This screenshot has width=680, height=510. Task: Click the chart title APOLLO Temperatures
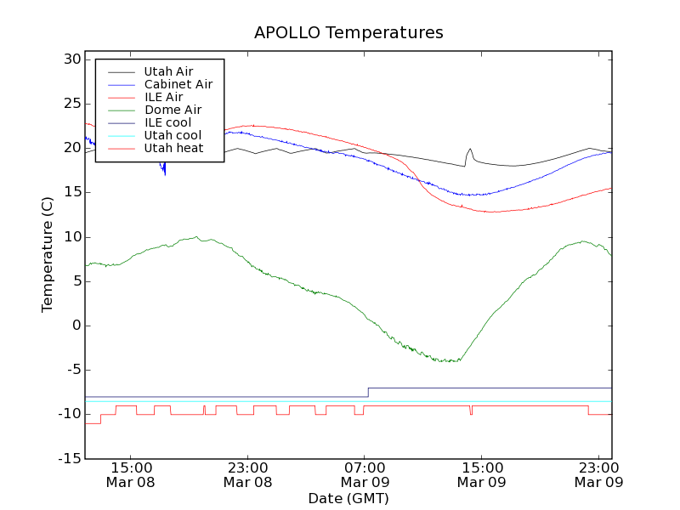click(x=348, y=33)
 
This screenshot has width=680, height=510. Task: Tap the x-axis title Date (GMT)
click(x=348, y=498)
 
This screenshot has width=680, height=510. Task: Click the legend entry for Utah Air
click(x=168, y=71)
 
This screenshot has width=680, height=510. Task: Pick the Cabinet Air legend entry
click(x=178, y=84)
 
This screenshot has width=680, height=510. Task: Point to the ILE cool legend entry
click(x=167, y=122)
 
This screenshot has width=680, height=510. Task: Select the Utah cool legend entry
click(x=173, y=135)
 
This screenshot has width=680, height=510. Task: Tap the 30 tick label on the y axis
click(x=71, y=59)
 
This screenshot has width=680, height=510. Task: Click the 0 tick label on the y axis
click(x=76, y=326)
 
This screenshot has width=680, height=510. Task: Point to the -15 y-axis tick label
click(x=68, y=459)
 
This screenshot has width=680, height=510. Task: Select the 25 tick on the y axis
click(x=71, y=104)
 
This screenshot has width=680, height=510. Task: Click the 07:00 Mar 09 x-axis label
click(x=365, y=474)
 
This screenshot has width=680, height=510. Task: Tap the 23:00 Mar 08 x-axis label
click(x=247, y=474)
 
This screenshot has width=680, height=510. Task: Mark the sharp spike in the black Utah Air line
click(x=470, y=150)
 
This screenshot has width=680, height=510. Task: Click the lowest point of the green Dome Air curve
click(x=448, y=361)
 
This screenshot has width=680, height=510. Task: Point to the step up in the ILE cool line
click(x=368, y=392)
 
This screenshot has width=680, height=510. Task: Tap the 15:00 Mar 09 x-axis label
click(x=482, y=474)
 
